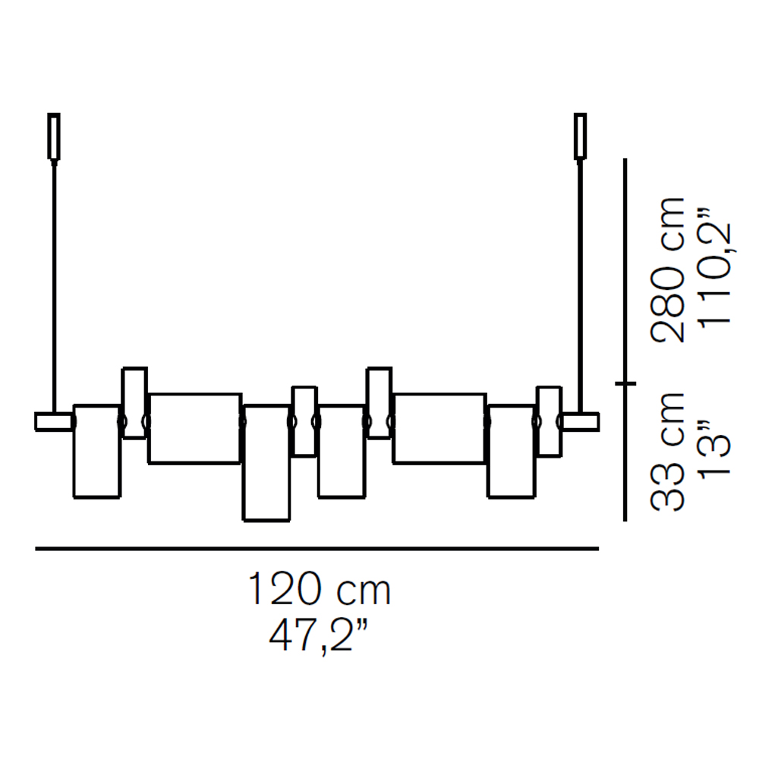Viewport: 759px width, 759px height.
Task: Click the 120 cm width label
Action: click(319, 589)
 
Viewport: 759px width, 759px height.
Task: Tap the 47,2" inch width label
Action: click(318, 635)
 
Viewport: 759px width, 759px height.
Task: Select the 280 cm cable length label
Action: click(668, 270)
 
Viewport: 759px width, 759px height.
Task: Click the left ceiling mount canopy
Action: click(54, 137)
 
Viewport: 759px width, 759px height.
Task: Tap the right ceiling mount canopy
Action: click(580, 137)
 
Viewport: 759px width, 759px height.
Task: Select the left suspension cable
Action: click(54, 287)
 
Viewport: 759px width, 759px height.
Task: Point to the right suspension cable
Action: click(580, 287)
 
